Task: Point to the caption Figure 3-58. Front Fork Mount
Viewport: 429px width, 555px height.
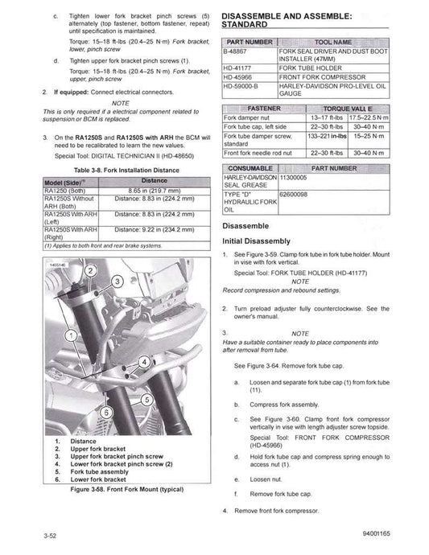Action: tap(118, 489)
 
